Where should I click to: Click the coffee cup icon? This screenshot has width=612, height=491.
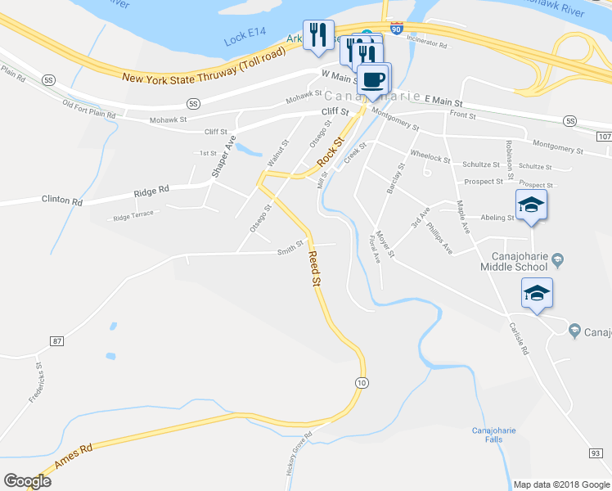pyautogui.click(x=374, y=79)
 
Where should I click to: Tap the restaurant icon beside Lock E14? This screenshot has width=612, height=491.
pyautogui.click(x=319, y=35)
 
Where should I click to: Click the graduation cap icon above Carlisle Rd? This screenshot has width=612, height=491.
pyautogui.click(x=537, y=294)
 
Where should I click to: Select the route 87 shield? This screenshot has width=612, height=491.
pyautogui.click(x=56, y=340)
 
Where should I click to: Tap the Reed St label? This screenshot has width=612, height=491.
pyautogui.click(x=314, y=268)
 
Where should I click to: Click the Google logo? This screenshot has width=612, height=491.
pyautogui.click(x=27, y=481)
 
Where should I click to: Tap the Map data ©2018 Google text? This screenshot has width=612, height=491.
pyautogui.click(x=560, y=484)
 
